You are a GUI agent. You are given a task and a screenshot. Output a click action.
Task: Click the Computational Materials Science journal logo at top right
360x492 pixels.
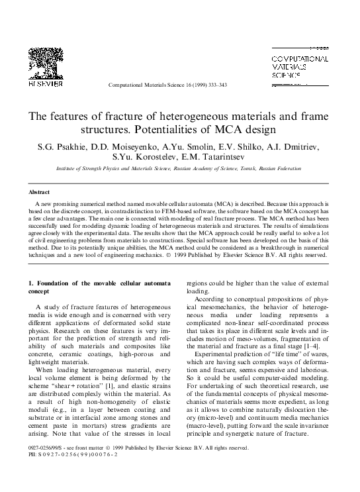(x=301, y=66)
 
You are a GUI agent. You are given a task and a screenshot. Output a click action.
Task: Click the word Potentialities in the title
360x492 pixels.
(x=168, y=128)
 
